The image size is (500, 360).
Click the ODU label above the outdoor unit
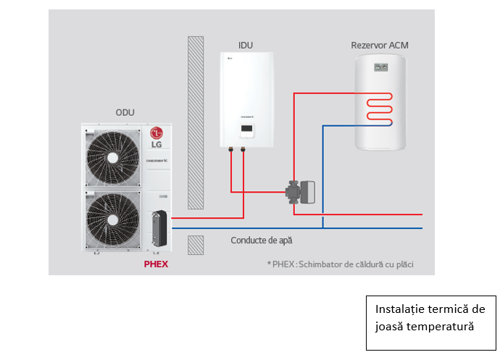click(x=125, y=112)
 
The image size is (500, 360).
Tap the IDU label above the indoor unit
click(x=246, y=45)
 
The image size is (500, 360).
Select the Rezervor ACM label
click(x=379, y=46)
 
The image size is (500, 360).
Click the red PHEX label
click(x=156, y=264)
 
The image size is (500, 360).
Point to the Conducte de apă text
click(x=262, y=240)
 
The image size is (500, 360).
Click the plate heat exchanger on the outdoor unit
click(x=157, y=229)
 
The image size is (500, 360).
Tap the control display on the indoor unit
click(x=247, y=130)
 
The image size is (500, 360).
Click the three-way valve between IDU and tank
click(x=299, y=192)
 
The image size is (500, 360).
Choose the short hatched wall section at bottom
click(x=195, y=244)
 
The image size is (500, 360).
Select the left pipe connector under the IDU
click(x=231, y=151)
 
